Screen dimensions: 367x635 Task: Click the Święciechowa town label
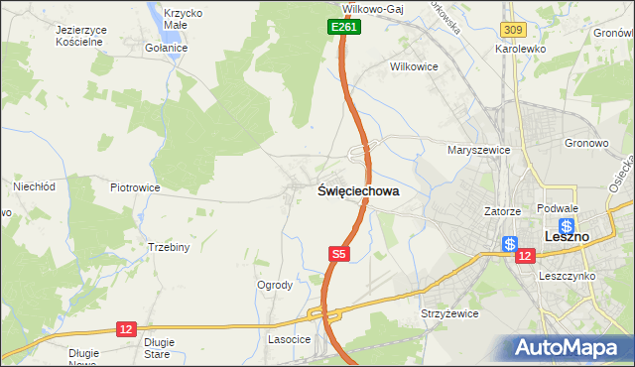pos(358,191)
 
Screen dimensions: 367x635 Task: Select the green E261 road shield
pos(343,28)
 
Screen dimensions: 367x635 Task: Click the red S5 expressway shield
pos(339,255)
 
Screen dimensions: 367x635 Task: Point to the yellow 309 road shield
pos(512,33)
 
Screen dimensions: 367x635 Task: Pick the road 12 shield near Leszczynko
pos(525,255)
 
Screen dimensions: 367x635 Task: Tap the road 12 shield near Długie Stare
pos(125,328)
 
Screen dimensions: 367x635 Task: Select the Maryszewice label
pos(478,150)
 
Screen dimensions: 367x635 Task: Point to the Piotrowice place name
pos(135,186)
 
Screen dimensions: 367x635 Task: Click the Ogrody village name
pos(275,285)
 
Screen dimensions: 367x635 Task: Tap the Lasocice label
pos(290,339)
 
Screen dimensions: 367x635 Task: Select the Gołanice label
pos(165,48)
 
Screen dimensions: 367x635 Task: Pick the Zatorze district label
pos(502,211)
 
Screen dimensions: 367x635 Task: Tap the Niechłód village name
pos(32,185)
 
